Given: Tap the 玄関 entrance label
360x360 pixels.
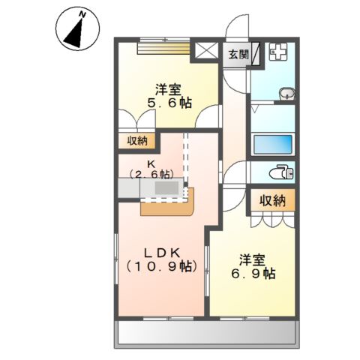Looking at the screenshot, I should [238, 54].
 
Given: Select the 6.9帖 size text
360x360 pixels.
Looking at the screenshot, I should [253, 274].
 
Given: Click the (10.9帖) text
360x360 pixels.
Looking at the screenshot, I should [159, 266].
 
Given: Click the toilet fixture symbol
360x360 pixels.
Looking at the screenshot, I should [284, 171].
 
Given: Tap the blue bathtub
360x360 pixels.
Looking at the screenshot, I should [273, 144].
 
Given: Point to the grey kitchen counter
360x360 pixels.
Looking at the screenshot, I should [151, 188].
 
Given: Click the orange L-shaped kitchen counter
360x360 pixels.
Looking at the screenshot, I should [169, 202].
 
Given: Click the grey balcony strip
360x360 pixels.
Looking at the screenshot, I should [207, 333].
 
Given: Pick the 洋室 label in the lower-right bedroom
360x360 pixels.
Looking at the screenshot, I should [253, 259].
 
